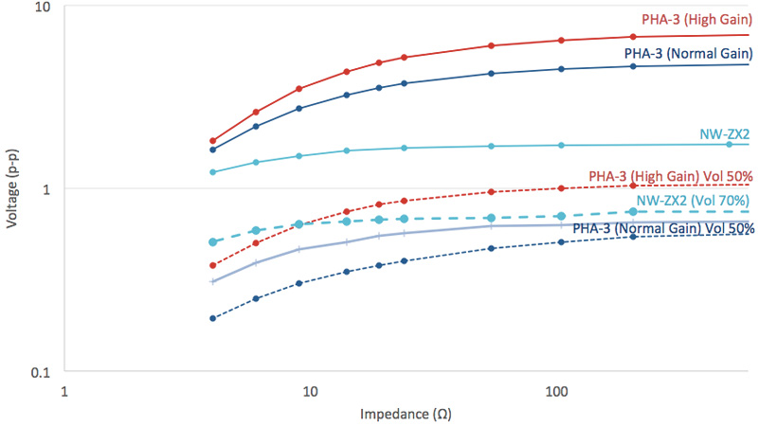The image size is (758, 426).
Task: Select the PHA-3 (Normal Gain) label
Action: pyautogui.click(x=687, y=54)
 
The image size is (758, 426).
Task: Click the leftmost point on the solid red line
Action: pyautogui.click(x=213, y=141)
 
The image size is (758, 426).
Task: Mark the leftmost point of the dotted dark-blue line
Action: pyautogui.click(x=213, y=318)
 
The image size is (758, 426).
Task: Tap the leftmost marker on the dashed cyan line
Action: pyautogui.click(x=213, y=242)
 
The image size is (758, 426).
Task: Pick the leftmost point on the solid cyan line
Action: pyautogui.click(x=213, y=172)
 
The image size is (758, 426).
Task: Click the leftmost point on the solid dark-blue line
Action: pyautogui.click(x=213, y=150)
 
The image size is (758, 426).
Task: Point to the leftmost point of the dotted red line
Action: pyautogui.click(x=213, y=265)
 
